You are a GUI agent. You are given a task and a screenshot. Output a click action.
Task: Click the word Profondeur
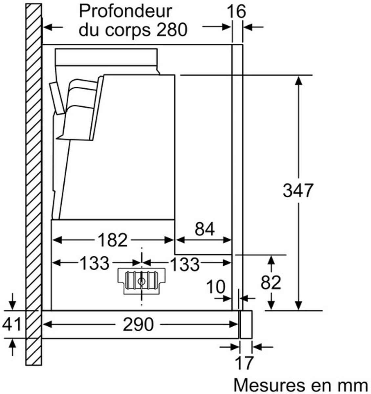(x=125, y=12)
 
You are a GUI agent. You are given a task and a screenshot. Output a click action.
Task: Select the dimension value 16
(x=236, y=11)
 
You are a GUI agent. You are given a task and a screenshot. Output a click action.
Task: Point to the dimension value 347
(x=298, y=190)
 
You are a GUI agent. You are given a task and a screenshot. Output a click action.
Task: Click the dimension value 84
(x=205, y=229)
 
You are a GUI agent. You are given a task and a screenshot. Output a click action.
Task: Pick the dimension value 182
(x=113, y=240)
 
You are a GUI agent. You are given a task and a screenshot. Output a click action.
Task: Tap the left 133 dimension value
(x=95, y=263)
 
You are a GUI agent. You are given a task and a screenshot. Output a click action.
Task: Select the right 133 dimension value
(x=185, y=264)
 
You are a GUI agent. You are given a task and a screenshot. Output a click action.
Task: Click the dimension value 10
(x=216, y=287)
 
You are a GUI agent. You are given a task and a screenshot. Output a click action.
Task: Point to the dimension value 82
(x=271, y=282)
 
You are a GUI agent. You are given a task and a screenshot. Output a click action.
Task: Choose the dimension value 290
(x=138, y=324)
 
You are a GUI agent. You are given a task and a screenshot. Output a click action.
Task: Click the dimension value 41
(x=11, y=324)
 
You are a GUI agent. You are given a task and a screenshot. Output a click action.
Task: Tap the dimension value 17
(x=244, y=363)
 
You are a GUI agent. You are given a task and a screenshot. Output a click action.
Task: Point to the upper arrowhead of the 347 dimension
(x=298, y=80)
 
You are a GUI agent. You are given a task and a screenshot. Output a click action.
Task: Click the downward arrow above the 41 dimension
(x=12, y=301)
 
